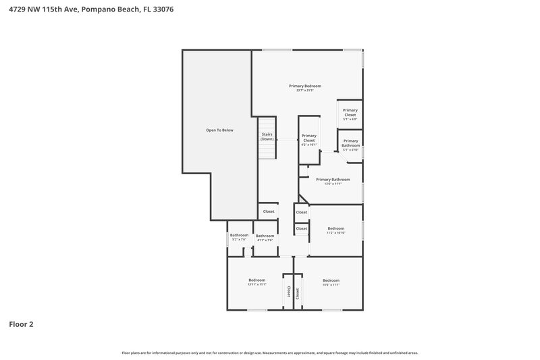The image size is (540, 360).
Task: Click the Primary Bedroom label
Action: tap(304, 86)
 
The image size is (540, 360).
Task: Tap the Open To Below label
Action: tap(219, 130)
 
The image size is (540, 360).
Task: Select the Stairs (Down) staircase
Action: tap(267, 137)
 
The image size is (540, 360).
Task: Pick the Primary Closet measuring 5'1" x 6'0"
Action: tap(350, 113)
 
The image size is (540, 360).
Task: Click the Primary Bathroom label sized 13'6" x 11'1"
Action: tap(333, 180)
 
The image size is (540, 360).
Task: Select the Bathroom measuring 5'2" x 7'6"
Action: tap(239, 237)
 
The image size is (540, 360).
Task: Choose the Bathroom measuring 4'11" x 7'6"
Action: tap(265, 238)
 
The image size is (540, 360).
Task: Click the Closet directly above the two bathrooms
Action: tap(269, 211)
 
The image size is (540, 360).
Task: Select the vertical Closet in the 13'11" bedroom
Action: tap(288, 291)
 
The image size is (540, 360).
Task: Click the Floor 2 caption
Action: tap(21, 324)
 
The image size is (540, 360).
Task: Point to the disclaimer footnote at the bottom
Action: tap(270, 353)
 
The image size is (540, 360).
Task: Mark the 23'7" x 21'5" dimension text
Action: tap(304, 91)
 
